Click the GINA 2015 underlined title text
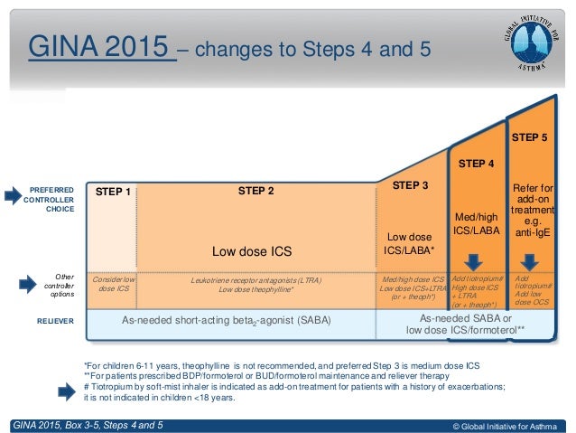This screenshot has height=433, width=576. pyautogui.click(x=100, y=44)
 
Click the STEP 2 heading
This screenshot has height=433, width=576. pyautogui.click(x=255, y=191)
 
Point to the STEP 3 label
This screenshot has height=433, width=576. pyautogui.click(x=411, y=184)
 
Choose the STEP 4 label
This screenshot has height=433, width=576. pyautogui.click(x=476, y=164)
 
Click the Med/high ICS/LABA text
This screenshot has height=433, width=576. pyautogui.click(x=476, y=224)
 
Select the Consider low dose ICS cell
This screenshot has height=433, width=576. pyautogui.click(x=114, y=285)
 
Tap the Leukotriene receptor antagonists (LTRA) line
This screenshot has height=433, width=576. pyautogui.click(x=255, y=280)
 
